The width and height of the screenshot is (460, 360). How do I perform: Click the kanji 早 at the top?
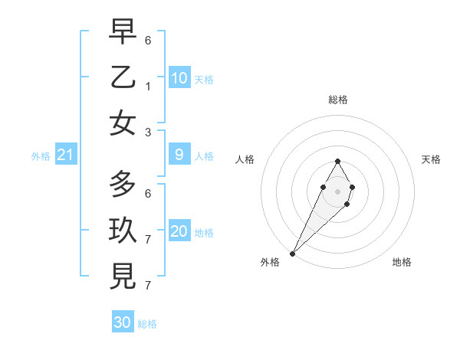(x=123, y=32)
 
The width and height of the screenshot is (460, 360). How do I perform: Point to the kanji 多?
(x=123, y=183)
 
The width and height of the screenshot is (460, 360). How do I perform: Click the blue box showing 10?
(x=179, y=78)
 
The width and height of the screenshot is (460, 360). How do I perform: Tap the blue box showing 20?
(x=179, y=232)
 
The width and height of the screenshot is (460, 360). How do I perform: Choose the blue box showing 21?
(x=65, y=155)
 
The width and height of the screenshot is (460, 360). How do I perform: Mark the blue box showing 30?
(x=123, y=322)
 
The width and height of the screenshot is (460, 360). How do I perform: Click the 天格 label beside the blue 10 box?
(x=204, y=80)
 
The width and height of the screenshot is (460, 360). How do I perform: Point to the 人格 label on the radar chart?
(x=245, y=159)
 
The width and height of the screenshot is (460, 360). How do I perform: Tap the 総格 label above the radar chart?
(x=337, y=100)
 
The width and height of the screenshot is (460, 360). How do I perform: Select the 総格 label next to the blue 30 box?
(x=147, y=324)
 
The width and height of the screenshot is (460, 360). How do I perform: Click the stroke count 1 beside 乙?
(x=148, y=87)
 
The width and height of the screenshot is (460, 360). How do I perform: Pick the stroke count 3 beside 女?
(x=148, y=132)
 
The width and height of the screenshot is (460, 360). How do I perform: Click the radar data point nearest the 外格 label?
(x=293, y=253)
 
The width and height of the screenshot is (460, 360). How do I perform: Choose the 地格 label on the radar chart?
(x=402, y=262)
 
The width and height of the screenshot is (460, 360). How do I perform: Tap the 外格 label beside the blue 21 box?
(x=41, y=156)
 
